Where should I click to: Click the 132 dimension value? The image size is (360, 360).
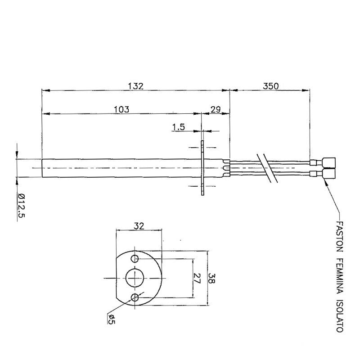135,86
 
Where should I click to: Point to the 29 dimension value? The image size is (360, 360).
215,109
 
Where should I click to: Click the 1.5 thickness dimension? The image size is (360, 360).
179,127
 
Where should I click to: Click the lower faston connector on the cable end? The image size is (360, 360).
328,173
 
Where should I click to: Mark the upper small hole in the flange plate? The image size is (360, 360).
135,259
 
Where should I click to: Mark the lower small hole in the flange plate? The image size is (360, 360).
135,297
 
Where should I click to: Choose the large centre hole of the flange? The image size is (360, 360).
134,277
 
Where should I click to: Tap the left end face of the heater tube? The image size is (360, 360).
42,167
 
